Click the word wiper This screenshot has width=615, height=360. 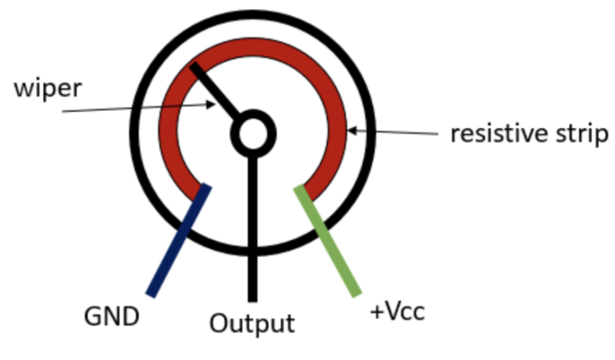click(x=47, y=88)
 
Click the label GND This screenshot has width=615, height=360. click(x=111, y=316)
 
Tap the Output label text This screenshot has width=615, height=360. click(x=251, y=324)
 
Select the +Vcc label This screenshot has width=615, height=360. click(x=397, y=311)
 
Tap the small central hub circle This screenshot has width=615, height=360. click(x=253, y=133)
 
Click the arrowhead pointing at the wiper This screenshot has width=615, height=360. click(x=212, y=105)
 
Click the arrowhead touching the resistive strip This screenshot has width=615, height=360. click(x=351, y=130)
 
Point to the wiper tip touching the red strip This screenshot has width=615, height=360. click(x=194, y=68)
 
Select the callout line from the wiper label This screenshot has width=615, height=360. click(x=135, y=109)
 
